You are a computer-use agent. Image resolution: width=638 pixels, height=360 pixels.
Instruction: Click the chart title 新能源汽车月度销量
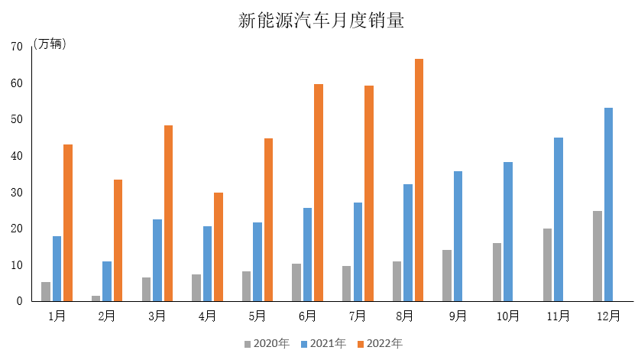[321, 21]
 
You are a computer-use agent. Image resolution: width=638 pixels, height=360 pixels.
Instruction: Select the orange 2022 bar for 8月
[419, 180]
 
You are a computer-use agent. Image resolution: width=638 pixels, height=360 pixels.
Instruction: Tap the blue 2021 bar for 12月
[608, 204]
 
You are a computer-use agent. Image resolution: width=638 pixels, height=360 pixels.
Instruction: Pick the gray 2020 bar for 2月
[96, 298]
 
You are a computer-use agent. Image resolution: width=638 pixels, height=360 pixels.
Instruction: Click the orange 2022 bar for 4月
[219, 247]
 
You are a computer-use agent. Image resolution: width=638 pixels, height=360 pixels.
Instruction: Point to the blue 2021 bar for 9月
[458, 236]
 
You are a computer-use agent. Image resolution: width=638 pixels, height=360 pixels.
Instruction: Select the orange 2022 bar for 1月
[68, 222]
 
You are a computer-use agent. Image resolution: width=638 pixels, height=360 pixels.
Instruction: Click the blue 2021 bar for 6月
[307, 255]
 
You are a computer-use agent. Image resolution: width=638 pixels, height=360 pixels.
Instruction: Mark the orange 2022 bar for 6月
[319, 193]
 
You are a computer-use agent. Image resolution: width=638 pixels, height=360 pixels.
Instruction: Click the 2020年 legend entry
[267, 344]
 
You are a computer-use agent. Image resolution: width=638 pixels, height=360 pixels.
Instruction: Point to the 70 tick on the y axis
[16, 47]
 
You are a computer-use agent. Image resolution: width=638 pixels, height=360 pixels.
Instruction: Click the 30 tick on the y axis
[16, 192]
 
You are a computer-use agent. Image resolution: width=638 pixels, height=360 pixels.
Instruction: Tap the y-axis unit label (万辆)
[50, 44]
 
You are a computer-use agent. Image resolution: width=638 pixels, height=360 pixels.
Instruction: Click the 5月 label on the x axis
[257, 316]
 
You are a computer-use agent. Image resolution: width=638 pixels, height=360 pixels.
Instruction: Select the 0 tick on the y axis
[19, 301]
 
